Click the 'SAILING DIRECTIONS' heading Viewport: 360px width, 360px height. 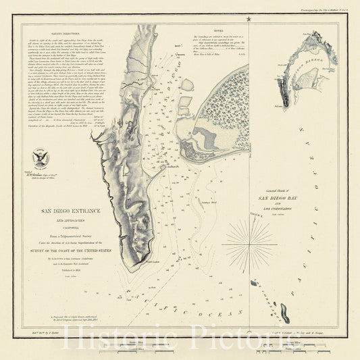click(64, 30)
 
